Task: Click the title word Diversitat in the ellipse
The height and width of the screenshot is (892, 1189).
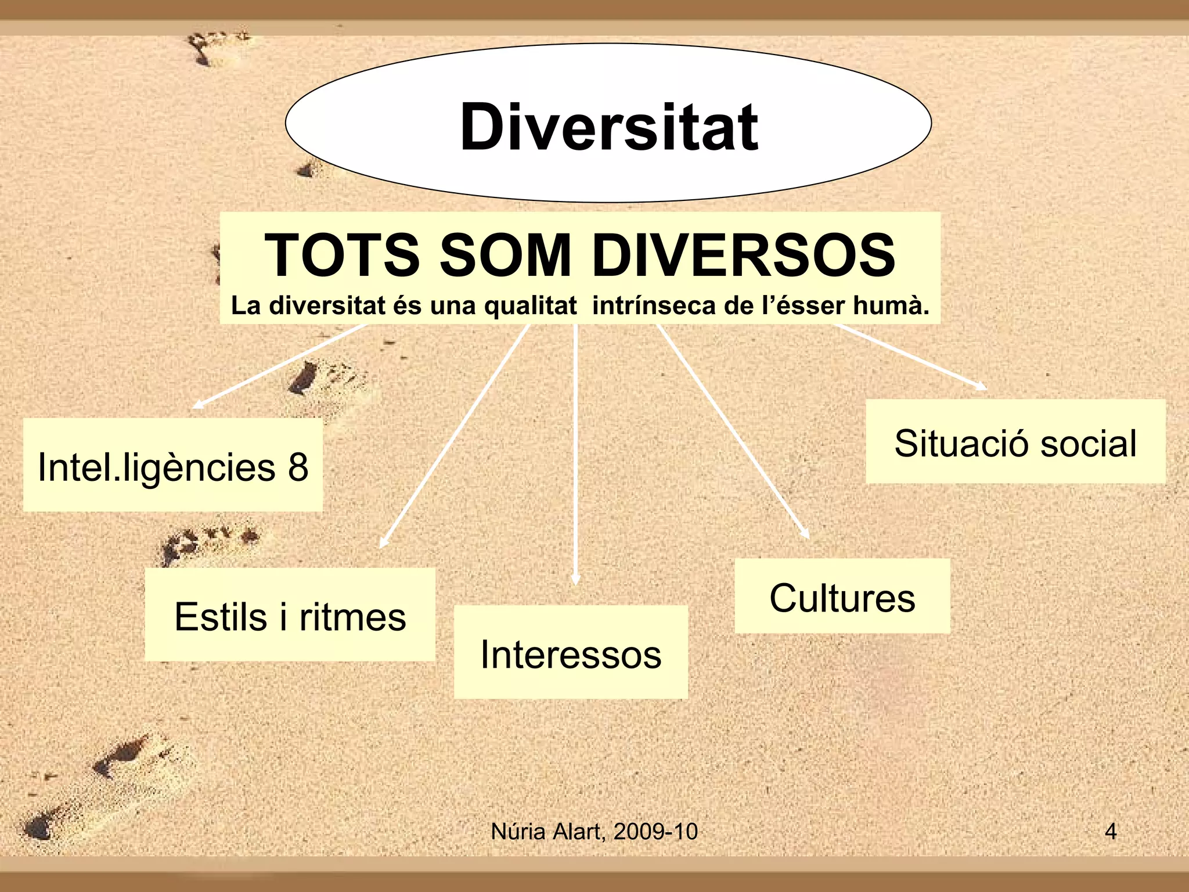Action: pyautogui.click(x=608, y=127)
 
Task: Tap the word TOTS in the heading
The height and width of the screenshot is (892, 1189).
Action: pyautogui.click(x=341, y=255)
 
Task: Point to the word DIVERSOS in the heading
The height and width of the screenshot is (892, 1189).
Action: pyautogui.click(x=743, y=255)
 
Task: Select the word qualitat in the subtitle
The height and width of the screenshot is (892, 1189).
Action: pyautogui.click(x=531, y=305)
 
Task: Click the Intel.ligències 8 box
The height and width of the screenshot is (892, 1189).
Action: pyautogui.click(x=173, y=465)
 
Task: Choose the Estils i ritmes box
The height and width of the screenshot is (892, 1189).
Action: pyautogui.click(x=290, y=615)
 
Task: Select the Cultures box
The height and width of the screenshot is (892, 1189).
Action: pyautogui.click(x=842, y=596)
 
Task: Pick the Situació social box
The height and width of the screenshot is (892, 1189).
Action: pyautogui.click(x=1015, y=442)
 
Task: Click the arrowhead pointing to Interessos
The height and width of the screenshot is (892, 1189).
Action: pyautogui.click(x=575, y=580)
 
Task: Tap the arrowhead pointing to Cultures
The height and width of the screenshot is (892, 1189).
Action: pyautogui.click(x=805, y=534)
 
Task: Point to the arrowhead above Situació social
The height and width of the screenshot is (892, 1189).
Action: pyautogui.click(x=981, y=386)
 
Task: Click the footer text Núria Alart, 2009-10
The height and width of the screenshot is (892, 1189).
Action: pyautogui.click(x=594, y=832)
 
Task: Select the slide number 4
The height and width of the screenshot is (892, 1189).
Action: pyautogui.click(x=1110, y=832)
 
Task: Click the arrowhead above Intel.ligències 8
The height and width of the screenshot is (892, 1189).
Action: pyautogui.click(x=197, y=405)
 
